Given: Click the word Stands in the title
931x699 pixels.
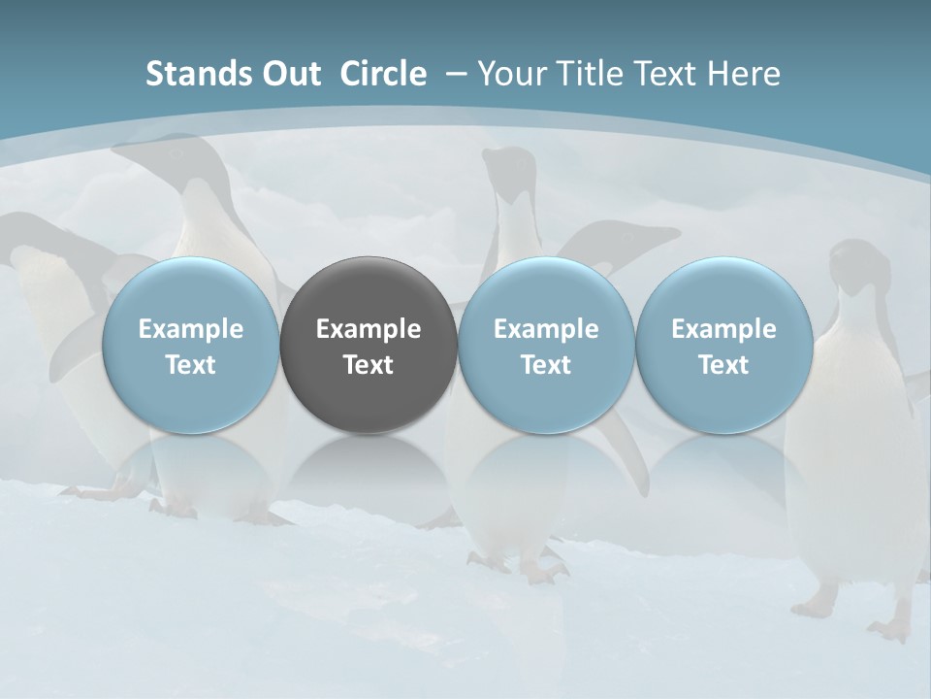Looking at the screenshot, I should [x=190, y=74].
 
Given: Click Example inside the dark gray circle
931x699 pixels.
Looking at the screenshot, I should [x=369, y=329].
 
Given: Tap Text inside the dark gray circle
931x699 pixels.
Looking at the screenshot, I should [x=369, y=365].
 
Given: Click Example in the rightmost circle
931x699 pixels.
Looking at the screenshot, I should [x=724, y=329].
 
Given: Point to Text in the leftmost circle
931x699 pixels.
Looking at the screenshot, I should [x=191, y=365].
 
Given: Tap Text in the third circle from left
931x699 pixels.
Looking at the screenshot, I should [x=546, y=365].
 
